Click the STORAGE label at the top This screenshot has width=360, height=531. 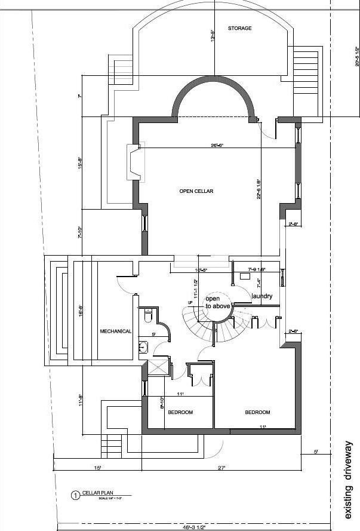tap(239, 28)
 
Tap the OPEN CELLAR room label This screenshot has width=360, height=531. tap(196, 191)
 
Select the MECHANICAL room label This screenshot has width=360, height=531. tap(115, 331)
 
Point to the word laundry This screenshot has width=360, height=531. tap(262, 296)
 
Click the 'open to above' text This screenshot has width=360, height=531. tap(217, 302)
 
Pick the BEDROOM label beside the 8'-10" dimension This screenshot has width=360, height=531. tap(180, 412)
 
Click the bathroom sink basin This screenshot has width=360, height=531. tap(143, 348)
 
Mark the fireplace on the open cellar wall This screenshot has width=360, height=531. tap(134, 162)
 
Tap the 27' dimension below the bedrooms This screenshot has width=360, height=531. tap(221, 468)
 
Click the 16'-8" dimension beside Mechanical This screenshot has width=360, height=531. tap(81, 312)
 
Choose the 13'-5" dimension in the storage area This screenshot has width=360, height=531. tap(212, 35)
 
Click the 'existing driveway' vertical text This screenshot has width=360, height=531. tap(349, 479)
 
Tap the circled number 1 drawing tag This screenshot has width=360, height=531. tap(75, 495)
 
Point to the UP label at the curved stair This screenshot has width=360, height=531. tap(190, 304)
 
